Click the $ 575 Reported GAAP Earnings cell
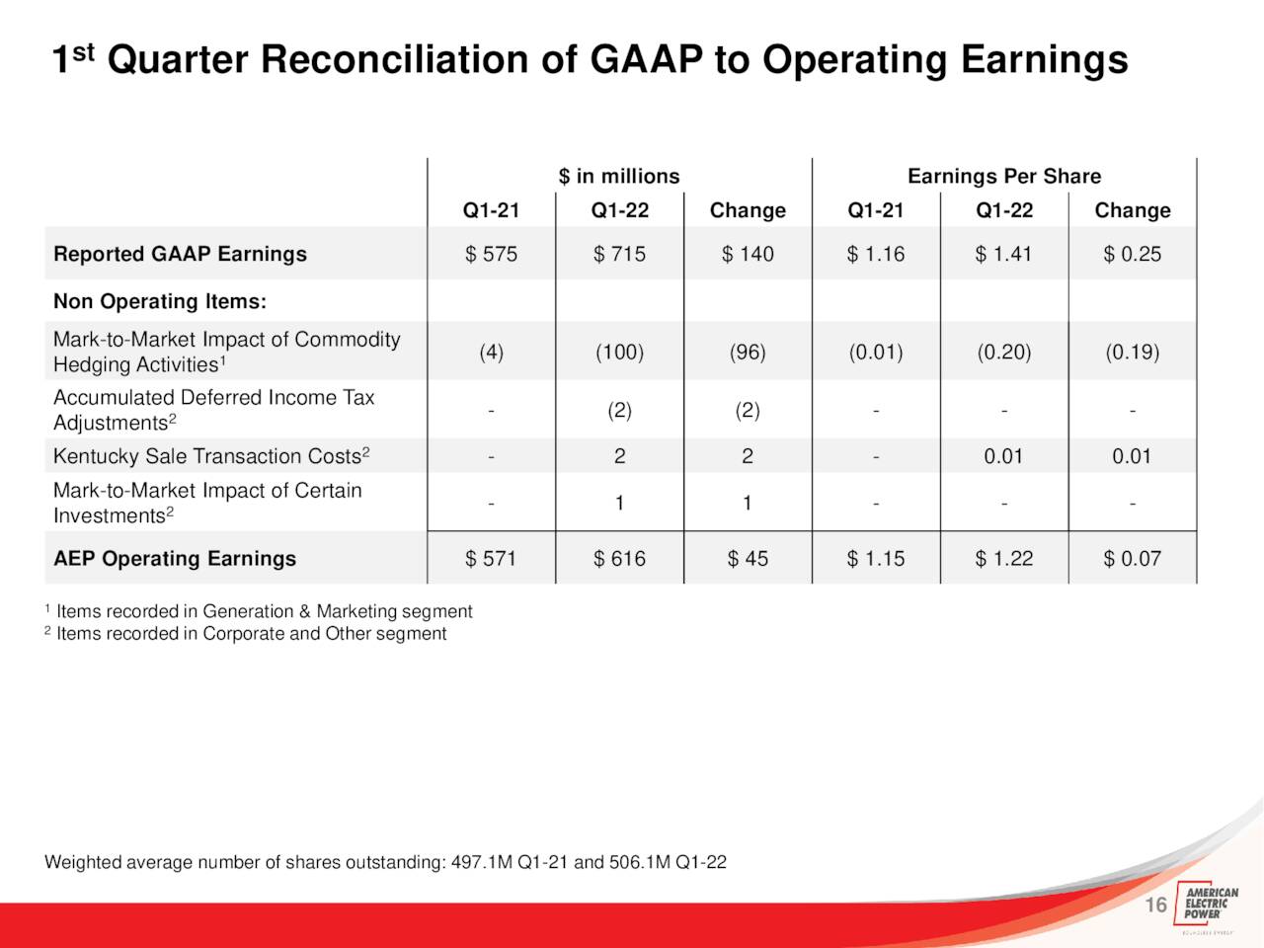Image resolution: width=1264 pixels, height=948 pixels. pyautogui.click(x=491, y=254)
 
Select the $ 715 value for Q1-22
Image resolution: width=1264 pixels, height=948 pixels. pyautogui.click(x=619, y=254)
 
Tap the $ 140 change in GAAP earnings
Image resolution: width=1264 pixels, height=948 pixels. pyautogui.click(x=748, y=254)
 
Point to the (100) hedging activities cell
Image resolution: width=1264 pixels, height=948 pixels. pyautogui.click(x=619, y=352)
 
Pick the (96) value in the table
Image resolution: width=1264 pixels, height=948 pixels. pyautogui.click(x=748, y=352)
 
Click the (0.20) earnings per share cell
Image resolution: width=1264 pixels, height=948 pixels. pyautogui.click(x=1003, y=352)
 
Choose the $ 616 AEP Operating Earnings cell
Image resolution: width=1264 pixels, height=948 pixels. pyautogui.click(x=619, y=558)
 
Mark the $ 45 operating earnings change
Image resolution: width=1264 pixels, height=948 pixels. pyautogui.click(x=748, y=558)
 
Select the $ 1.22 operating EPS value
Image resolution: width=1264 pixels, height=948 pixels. pyautogui.click(x=1003, y=558)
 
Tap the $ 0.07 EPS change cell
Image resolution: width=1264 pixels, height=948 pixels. pyautogui.click(x=1132, y=558)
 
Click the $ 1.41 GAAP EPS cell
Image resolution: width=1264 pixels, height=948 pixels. pyautogui.click(x=1003, y=254)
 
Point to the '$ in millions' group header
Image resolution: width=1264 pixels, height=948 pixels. pyautogui.click(x=619, y=176)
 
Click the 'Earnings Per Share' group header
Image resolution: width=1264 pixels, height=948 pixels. pyautogui.click(x=1004, y=176)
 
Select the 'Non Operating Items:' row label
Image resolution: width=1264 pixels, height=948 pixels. pyautogui.click(x=160, y=301)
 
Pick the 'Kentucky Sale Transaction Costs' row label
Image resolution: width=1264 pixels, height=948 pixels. pyautogui.click(x=211, y=456)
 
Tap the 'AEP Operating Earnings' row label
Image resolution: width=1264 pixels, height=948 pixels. pyautogui.click(x=175, y=558)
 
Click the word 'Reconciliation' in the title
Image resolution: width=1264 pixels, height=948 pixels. pyautogui.click(x=394, y=59)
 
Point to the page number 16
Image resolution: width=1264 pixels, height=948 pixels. pyautogui.click(x=1155, y=905)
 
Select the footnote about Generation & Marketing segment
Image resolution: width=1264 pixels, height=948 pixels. pyautogui.click(x=259, y=611)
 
